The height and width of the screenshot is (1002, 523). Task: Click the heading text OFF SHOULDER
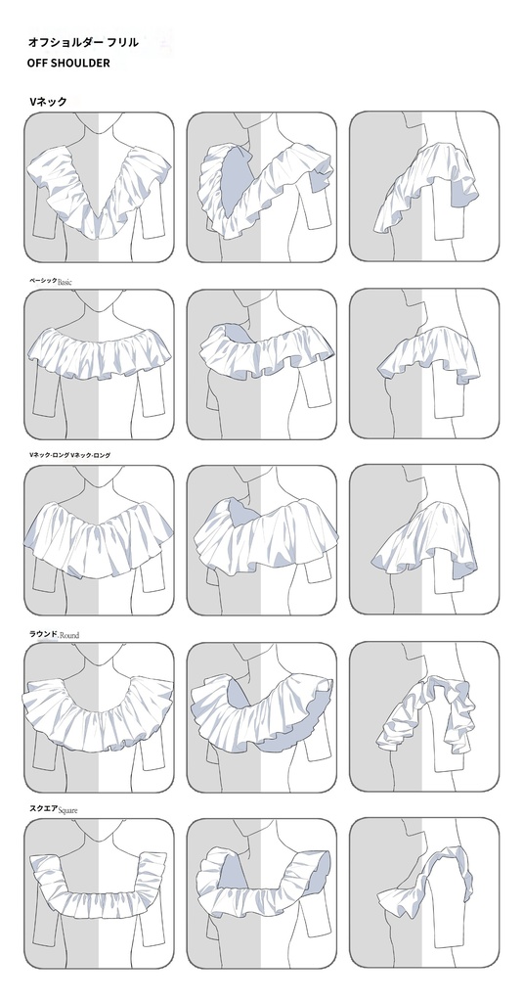click(x=68, y=63)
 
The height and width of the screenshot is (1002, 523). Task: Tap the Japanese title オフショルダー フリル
click(x=82, y=43)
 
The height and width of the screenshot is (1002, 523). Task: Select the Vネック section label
click(x=47, y=101)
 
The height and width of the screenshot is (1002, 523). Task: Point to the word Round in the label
click(x=69, y=635)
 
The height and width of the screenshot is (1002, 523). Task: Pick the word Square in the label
click(x=67, y=810)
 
